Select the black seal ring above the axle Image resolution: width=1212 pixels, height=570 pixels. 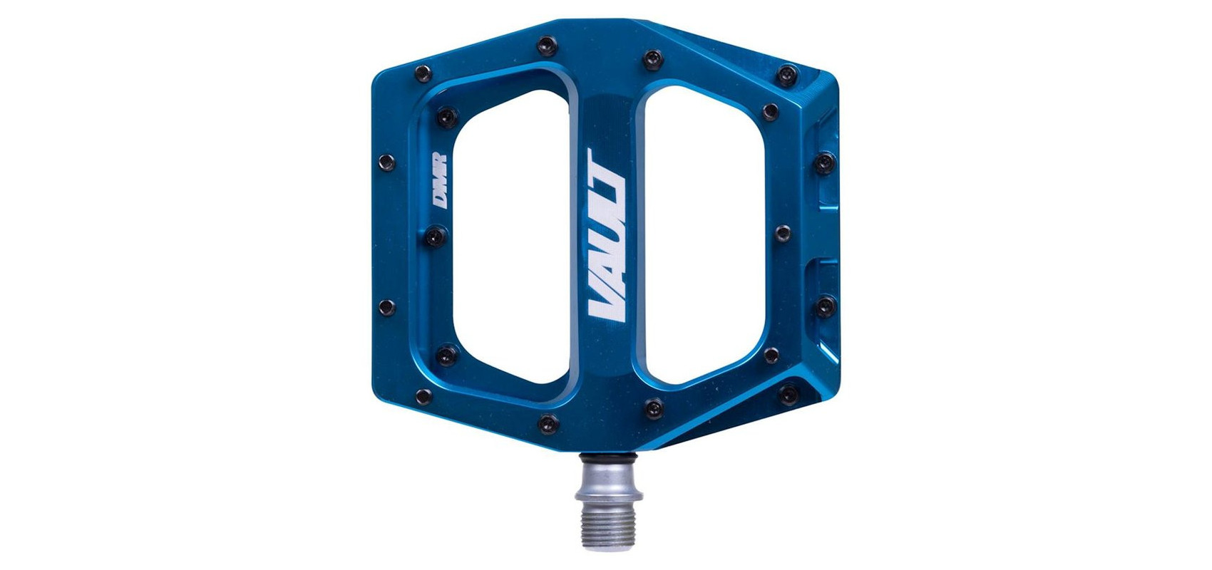pos(608,460)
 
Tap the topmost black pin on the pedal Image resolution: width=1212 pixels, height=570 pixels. pos(548,46)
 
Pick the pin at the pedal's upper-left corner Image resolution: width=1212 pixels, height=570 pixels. pos(423,73)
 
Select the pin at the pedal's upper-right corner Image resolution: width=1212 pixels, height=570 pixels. pos(788,75)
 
